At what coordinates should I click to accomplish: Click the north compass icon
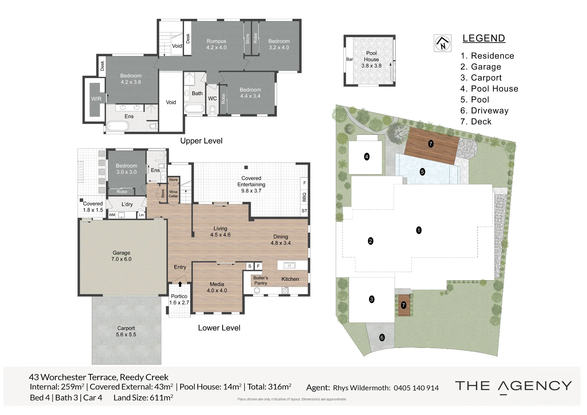click(443, 43)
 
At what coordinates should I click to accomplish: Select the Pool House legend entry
click(489, 89)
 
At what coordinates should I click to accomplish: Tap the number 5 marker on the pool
click(422, 172)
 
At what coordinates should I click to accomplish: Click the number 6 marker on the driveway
click(382, 338)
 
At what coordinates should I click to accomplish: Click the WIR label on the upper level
click(96, 99)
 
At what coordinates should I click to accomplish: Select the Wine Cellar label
click(173, 194)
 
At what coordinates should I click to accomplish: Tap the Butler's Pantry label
click(261, 280)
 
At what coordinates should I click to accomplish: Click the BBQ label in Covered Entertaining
click(304, 197)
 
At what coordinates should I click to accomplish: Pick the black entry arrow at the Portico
click(180, 284)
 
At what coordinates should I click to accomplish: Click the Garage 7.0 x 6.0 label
click(121, 256)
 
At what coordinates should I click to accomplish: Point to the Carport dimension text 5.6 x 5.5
click(126, 334)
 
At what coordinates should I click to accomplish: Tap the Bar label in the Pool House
click(350, 59)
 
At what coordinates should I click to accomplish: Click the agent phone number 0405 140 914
click(416, 388)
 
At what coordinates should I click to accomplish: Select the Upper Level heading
click(201, 141)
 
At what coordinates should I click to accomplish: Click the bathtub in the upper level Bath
click(195, 109)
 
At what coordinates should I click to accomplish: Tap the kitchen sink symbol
click(289, 266)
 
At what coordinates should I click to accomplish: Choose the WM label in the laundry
click(112, 215)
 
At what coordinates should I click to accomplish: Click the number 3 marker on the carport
click(372, 299)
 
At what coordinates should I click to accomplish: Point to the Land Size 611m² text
click(143, 398)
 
